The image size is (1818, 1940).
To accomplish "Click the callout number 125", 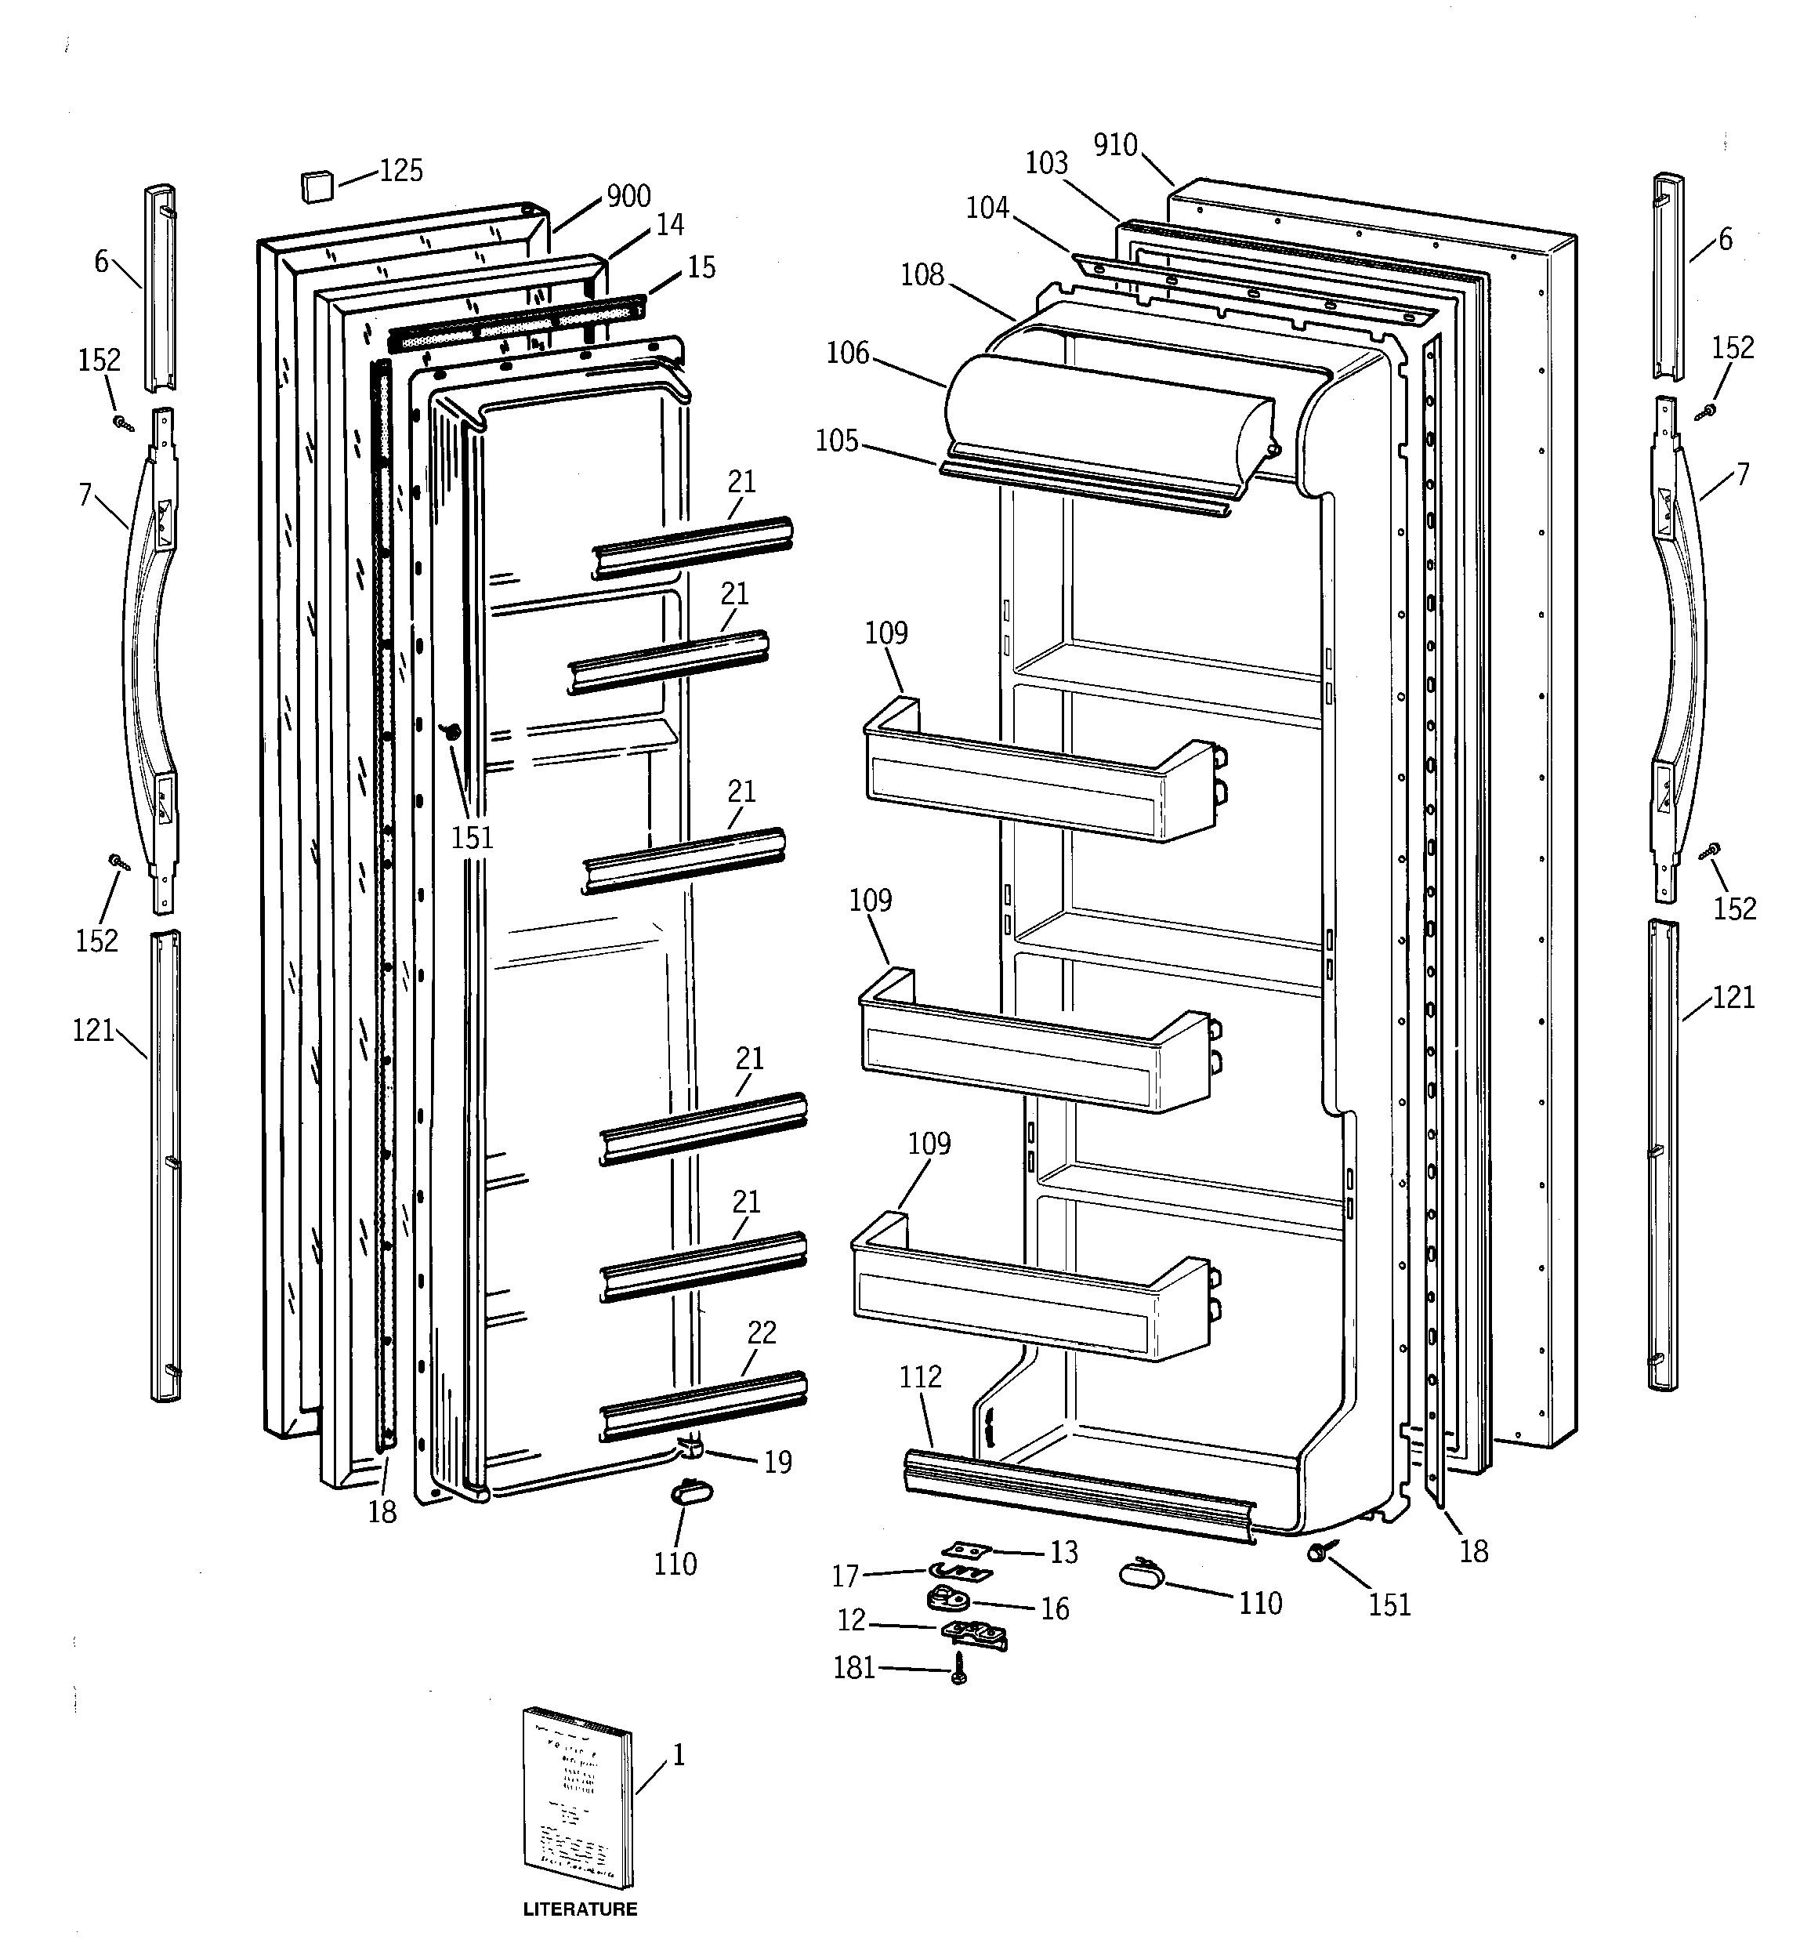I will [x=400, y=171].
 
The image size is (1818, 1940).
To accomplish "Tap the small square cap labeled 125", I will [x=315, y=184].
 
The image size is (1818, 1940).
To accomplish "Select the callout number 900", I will [x=628, y=196].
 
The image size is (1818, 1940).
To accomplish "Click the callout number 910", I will [x=1115, y=146].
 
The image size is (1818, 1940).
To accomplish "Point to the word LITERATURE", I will [x=580, y=1909].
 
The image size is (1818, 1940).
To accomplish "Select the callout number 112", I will [x=920, y=1377].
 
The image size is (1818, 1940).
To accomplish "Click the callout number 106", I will [x=847, y=354].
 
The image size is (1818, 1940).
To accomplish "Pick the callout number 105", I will [x=837, y=441].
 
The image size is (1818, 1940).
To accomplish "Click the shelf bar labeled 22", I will [x=703, y=1405].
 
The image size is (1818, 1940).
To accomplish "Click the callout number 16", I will [x=1054, y=1608].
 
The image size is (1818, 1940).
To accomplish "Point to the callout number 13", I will [x=1063, y=1552].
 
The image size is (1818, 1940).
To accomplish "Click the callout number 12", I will [x=851, y=1620].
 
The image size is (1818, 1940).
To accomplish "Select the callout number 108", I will [x=922, y=275].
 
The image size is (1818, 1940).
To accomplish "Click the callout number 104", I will [x=987, y=208].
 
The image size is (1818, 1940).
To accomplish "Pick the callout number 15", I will [x=701, y=267].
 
